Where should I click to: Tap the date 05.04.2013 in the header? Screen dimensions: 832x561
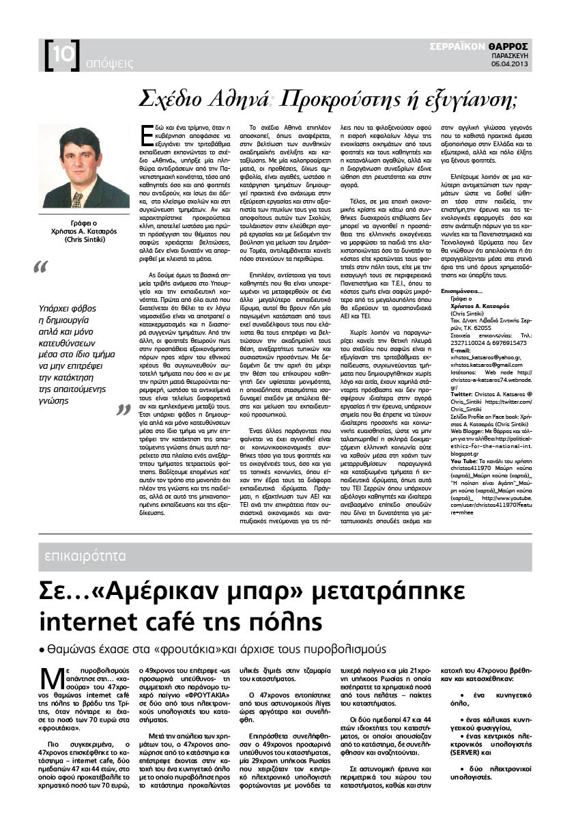pyautogui.click(x=510, y=64)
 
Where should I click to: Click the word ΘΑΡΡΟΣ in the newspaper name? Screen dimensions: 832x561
pyautogui.click(x=508, y=46)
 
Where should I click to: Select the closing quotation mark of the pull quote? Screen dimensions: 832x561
pyautogui.click(x=123, y=410)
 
